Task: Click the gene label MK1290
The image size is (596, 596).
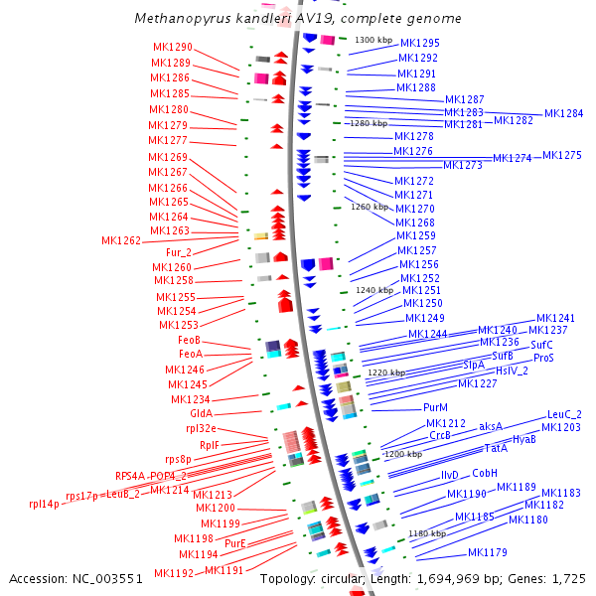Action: click(173, 47)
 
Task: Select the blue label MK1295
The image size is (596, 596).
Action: click(419, 44)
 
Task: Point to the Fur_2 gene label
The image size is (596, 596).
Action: click(178, 252)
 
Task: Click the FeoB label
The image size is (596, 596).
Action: click(190, 340)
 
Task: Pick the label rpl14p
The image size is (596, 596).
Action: click(45, 504)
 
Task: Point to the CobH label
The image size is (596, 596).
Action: click(485, 474)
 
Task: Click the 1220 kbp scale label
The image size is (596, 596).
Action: click(385, 372)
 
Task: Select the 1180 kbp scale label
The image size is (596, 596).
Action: click(426, 533)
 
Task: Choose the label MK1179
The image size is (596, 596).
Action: click(488, 552)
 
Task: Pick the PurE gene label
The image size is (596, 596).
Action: click(235, 543)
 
